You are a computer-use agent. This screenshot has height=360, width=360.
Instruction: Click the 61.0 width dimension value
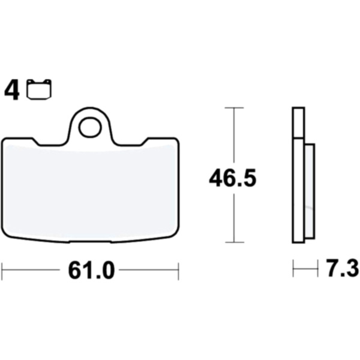[x=91, y=271]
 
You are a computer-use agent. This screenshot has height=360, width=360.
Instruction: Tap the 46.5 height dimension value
[x=232, y=178]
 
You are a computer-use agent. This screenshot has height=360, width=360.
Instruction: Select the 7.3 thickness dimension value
[x=343, y=268]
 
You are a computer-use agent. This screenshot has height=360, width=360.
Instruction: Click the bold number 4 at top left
[x=12, y=91]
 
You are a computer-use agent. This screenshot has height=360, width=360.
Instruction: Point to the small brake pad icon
[x=39, y=89]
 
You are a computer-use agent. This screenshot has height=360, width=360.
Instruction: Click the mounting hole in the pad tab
[x=90, y=127]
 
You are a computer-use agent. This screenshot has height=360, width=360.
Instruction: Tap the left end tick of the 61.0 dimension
[x=2, y=271]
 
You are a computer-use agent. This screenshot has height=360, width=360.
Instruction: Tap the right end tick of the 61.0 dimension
[x=178, y=271]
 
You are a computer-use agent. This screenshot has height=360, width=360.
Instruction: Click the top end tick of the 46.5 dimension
[x=234, y=107]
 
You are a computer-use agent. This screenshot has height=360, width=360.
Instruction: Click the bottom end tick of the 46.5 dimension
[x=235, y=242]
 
